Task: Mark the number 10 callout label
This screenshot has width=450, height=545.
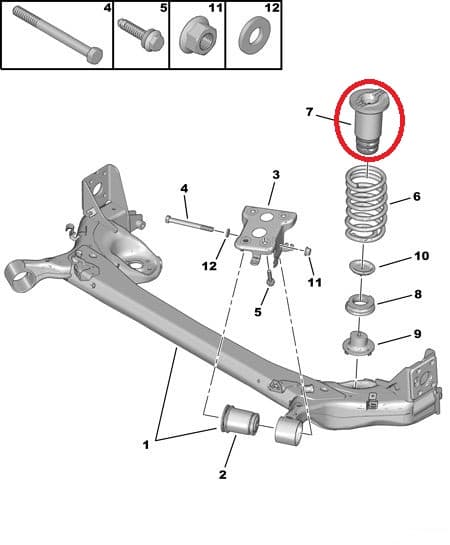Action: (x=422, y=257)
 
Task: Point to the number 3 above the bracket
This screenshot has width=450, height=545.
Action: (x=275, y=176)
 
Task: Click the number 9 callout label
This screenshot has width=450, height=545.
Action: (x=417, y=334)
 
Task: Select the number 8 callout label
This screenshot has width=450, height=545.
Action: (x=419, y=295)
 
